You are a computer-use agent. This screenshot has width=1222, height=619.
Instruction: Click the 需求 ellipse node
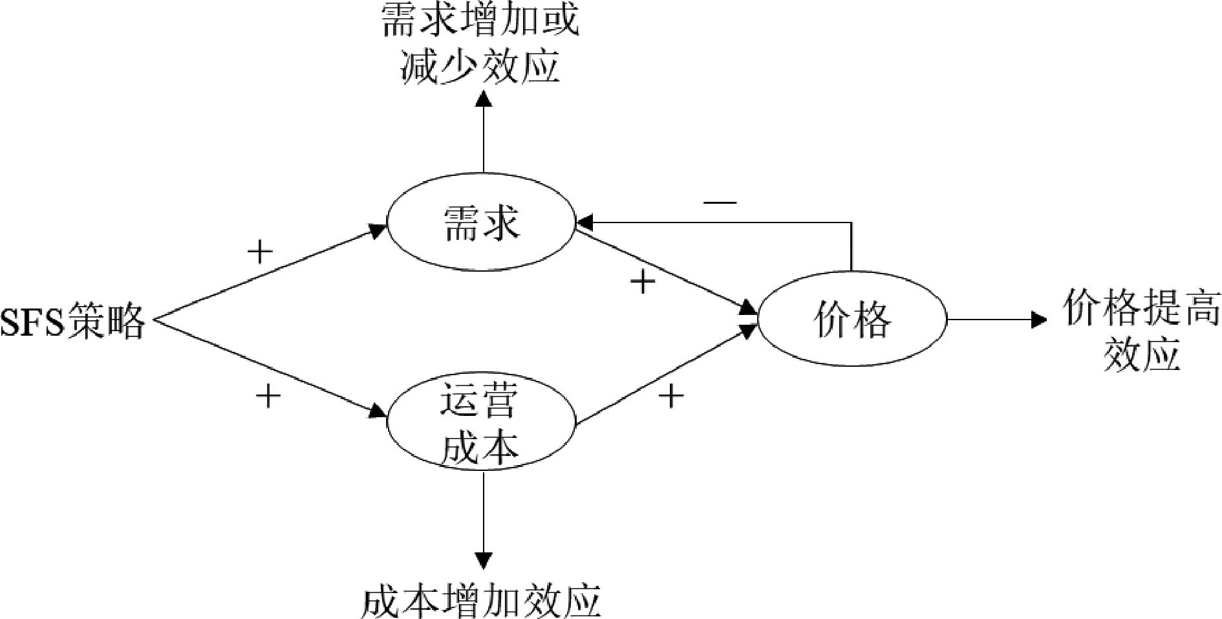(480, 223)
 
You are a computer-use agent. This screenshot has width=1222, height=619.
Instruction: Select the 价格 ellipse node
(852, 319)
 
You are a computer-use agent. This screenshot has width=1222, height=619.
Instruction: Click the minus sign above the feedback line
(720, 202)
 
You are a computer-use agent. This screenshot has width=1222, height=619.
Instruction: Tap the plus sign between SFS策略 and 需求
(260, 252)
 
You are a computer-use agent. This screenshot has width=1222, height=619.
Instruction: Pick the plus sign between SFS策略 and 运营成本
(268, 395)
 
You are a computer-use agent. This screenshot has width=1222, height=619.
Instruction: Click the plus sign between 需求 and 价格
(642, 281)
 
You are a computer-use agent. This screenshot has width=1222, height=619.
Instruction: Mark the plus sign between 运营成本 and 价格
(670, 395)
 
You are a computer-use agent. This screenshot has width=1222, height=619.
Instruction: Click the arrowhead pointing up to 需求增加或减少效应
(483, 98)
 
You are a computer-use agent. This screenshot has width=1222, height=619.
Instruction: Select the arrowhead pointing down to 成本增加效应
(483, 560)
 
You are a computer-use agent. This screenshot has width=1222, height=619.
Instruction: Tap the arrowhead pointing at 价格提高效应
(1038, 319)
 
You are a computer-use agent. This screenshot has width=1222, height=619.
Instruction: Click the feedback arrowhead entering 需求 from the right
(584, 223)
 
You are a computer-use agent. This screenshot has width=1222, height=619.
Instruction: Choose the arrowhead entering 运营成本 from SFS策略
(378, 412)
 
